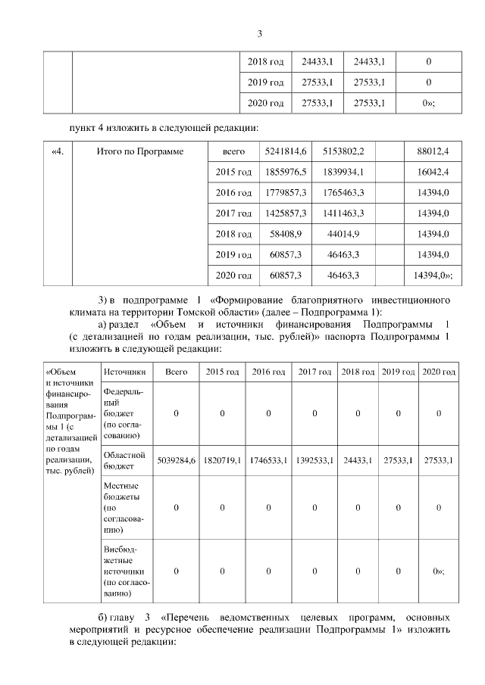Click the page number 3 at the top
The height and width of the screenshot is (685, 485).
tap(259, 34)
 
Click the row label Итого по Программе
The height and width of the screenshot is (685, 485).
tap(140, 152)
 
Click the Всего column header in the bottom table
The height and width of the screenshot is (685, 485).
tap(176, 372)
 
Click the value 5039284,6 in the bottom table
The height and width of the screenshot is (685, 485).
tap(176, 460)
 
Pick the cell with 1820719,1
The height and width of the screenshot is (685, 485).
tap(222, 460)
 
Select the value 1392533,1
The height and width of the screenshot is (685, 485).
tap(314, 460)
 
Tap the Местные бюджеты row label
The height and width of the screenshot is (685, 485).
tap(124, 507)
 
